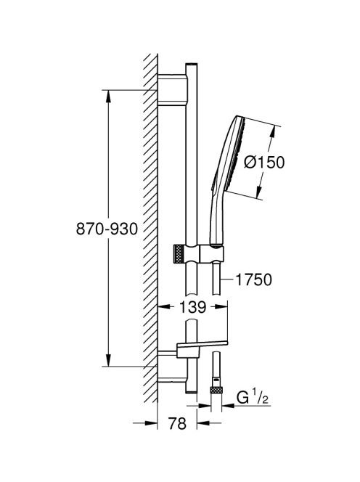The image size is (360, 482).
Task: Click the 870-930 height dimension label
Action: (107, 229)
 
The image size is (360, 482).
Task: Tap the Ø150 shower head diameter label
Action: (264, 162)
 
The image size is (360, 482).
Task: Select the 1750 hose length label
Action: (253, 279)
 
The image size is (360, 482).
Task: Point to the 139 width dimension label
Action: (193, 307)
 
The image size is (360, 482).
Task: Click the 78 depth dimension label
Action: (177, 423)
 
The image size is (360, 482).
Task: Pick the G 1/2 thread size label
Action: (253, 398)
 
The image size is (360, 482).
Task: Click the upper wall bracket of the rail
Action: (173, 90)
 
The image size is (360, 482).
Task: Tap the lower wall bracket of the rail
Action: (171, 367)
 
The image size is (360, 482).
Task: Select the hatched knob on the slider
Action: (179, 254)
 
